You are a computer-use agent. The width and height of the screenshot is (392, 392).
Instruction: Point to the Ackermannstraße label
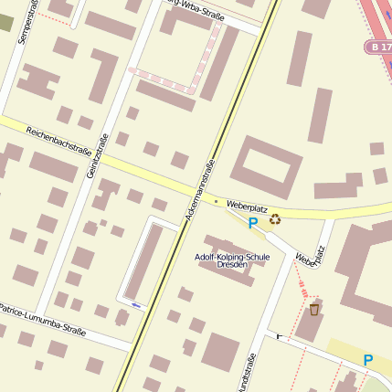click(200, 191)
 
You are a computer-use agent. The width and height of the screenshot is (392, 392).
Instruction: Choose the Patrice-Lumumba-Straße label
click(42, 321)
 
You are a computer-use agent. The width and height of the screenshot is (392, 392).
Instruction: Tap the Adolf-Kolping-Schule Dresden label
click(233, 261)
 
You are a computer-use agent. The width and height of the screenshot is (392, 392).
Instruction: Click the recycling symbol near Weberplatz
click(275, 218)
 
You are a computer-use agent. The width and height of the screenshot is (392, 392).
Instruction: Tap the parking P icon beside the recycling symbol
click(253, 222)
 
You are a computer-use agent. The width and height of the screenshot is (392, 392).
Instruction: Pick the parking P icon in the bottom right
click(368, 360)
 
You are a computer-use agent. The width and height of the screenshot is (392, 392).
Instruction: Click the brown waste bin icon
click(314, 309)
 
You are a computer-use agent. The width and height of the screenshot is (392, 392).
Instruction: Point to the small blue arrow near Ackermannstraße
click(136, 304)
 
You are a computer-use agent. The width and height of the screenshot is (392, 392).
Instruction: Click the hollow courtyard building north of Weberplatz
click(266, 167)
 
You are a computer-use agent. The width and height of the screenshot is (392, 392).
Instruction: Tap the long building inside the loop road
click(144, 260)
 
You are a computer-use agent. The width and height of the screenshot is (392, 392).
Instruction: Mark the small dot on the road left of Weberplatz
click(216, 200)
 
